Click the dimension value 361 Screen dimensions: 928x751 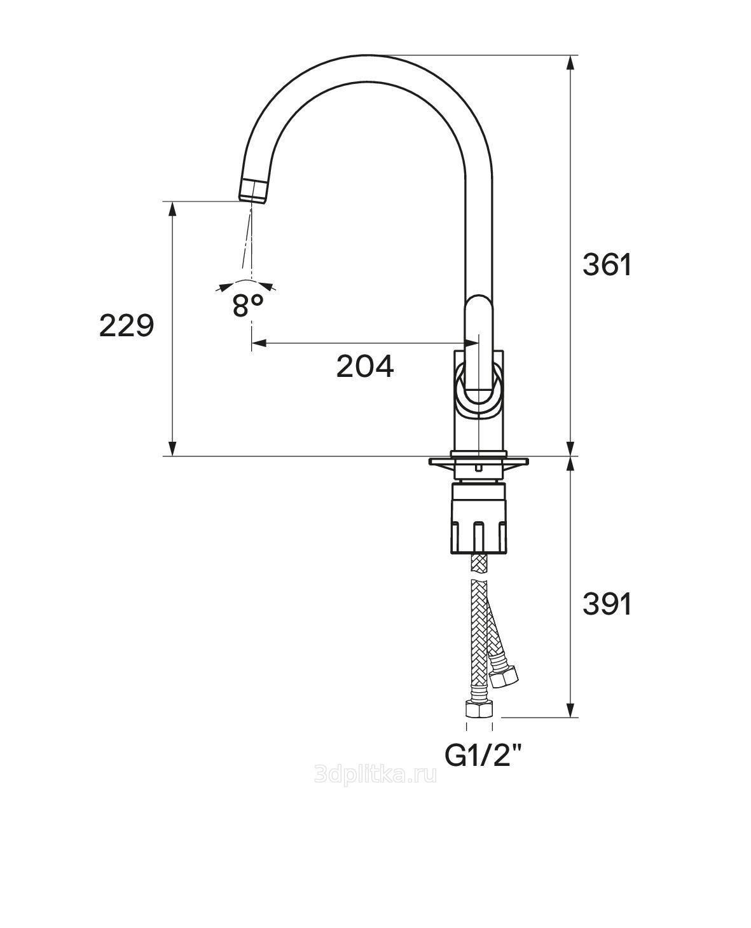point(607,265)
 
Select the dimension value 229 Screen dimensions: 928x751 point(127,326)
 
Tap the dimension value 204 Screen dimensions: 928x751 point(365,367)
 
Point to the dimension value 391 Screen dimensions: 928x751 point(607,604)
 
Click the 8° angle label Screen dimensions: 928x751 point(247,306)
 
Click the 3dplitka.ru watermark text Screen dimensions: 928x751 point(376,775)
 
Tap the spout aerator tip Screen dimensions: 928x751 point(254,190)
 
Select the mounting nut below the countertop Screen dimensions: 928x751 point(479,518)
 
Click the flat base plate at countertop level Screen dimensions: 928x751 point(479,459)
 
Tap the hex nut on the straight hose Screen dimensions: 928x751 point(479,709)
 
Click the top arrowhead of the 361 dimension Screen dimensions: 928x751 point(571,61)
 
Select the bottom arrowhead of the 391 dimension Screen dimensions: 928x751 point(571,712)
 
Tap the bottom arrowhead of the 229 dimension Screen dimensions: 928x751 point(172,449)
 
